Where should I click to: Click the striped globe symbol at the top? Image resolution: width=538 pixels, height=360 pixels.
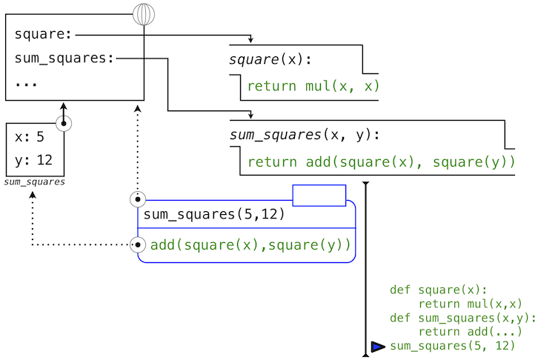point(144,14)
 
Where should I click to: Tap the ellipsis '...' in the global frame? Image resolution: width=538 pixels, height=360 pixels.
point(26,82)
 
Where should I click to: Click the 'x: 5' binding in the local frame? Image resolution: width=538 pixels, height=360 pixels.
point(30,137)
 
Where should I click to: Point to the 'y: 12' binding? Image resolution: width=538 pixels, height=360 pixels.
point(33,160)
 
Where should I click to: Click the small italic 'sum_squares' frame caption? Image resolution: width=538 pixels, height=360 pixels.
point(35,181)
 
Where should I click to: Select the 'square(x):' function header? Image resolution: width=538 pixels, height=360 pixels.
point(270,60)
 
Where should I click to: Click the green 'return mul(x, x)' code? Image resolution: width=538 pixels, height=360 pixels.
point(313,87)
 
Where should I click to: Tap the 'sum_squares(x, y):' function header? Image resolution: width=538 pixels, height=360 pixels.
point(305,135)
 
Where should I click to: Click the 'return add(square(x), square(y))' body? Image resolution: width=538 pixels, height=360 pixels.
point(381,162)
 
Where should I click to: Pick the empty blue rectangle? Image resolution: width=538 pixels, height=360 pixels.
point(319,196)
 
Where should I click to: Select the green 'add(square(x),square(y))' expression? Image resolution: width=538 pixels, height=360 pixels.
point(250,245)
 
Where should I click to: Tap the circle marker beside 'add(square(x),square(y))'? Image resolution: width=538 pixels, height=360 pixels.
point(138,244)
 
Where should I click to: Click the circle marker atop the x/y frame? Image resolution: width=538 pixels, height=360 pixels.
point(64,123)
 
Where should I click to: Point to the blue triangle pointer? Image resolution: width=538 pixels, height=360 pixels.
point(378,347)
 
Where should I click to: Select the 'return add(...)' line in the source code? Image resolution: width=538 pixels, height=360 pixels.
point(470,332)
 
